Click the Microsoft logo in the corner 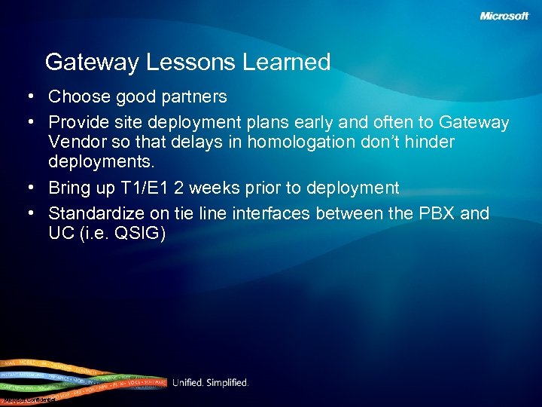504,16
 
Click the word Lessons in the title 193,62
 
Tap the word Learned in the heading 286,62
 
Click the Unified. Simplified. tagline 210,383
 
